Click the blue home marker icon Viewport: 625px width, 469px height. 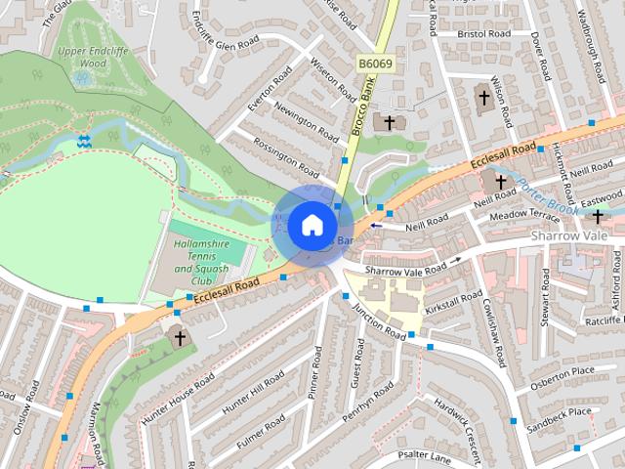click(311, 225)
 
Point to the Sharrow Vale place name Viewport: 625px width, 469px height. click(568, 237)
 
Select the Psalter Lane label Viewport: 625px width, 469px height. click(424, 455)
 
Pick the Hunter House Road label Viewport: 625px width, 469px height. click(177, 396)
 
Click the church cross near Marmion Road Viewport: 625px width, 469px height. click(178, 338)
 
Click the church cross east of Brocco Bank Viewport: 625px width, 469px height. click(390, 122)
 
